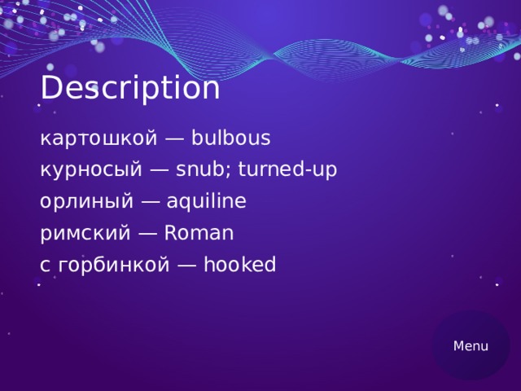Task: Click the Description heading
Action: (129, 88)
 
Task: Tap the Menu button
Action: (471, 345)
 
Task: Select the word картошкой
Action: (98, 138)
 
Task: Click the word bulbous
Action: (231, 138)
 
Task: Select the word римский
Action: (85, 234)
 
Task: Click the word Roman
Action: (199, 233)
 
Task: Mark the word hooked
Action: (240, 264)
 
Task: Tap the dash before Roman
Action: (147, 235)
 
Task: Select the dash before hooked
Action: (186, 266)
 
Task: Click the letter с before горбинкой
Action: (44, 266)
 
